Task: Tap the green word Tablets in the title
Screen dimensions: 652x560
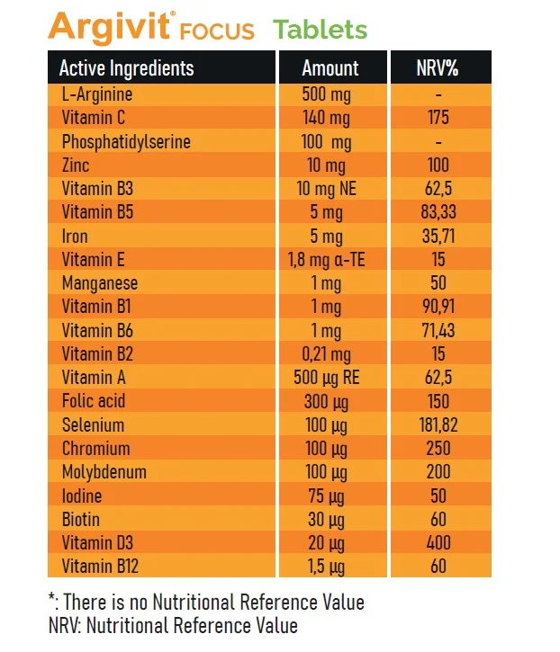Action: coord(321,30)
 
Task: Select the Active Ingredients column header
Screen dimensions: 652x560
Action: coord(126,68)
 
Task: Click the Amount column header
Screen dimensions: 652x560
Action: coord(330,68)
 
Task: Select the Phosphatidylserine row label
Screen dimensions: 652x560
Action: coord(126,142)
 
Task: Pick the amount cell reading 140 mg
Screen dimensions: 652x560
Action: coord(330,118)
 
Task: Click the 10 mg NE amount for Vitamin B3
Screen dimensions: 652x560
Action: coord(330,189)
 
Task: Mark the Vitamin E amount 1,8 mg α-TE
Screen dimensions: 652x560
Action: coord(330,260)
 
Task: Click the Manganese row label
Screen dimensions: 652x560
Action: coord(100,283)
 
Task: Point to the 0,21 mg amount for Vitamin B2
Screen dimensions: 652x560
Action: coord(330,354)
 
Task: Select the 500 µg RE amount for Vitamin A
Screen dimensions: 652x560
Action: coord(330,378)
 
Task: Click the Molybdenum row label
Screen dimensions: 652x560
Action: coord(104,472)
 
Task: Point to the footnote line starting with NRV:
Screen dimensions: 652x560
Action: coord(172,625)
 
